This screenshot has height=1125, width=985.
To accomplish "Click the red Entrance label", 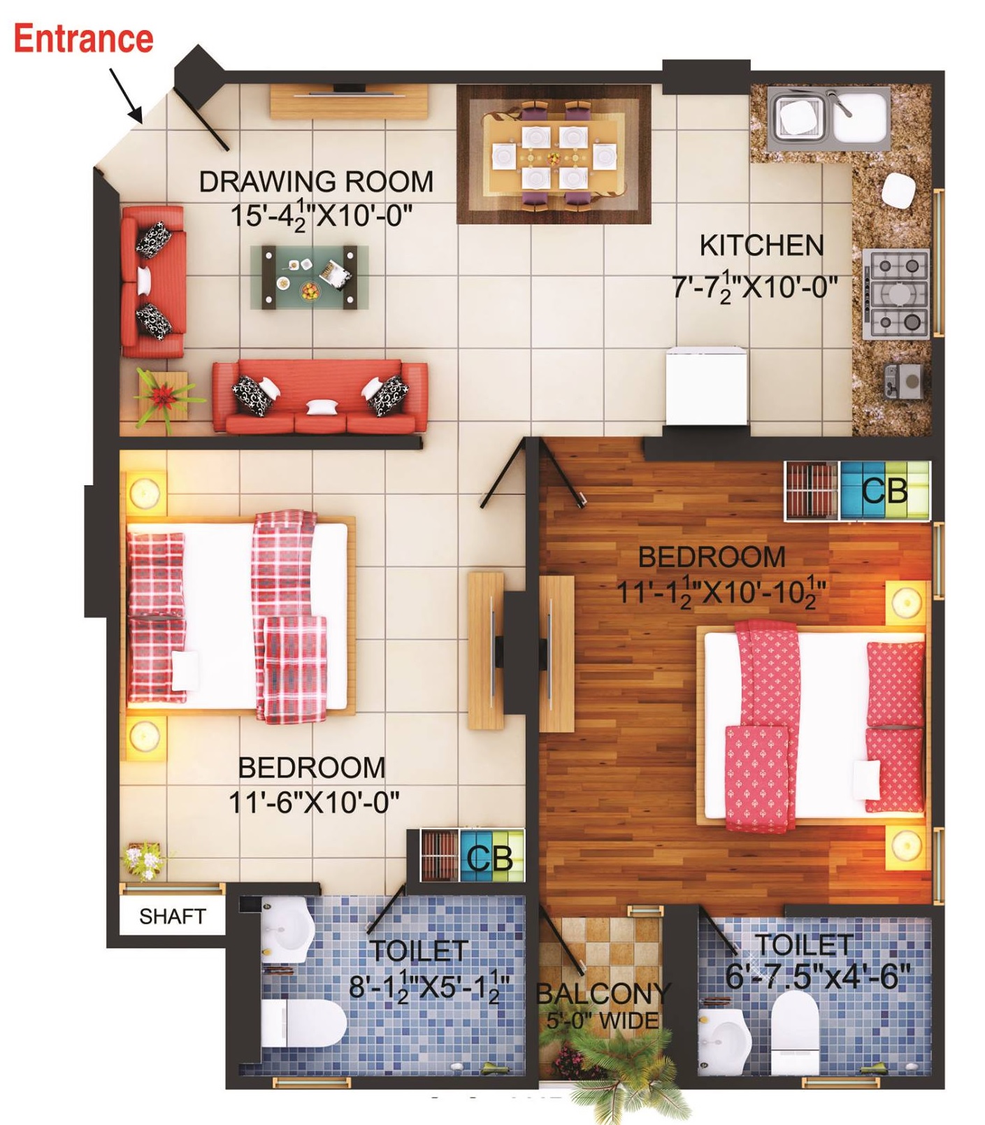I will tap(83, 38).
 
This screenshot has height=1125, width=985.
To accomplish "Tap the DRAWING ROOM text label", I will tap(316, 182).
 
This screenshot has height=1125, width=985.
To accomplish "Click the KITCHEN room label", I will tap(761, 246).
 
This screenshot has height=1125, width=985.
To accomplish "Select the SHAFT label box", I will tap(172, 916).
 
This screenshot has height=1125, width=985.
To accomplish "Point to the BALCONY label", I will tap(603, 992).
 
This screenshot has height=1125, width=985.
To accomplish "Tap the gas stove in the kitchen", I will tap(898, 293).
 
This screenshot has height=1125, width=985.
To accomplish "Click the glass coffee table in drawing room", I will tap(310, 277).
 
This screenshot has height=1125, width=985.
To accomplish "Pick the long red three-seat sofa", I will tap(319, 396).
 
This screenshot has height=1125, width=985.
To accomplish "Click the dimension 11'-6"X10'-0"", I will tap(314, 801).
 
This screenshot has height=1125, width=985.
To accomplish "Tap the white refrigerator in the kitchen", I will tap(697, 387).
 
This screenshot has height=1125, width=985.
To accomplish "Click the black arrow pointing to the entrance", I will tap(126, 94).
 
